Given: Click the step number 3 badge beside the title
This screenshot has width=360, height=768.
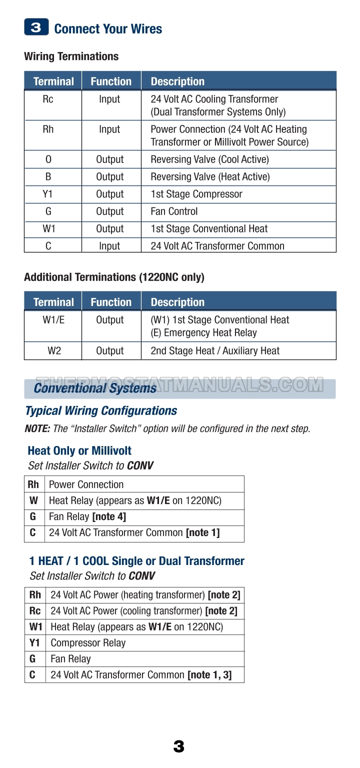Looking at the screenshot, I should coord(36,27).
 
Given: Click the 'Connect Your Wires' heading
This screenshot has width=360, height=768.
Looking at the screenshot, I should coord(108,29).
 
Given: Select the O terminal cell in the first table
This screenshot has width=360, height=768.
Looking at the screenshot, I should coord(48,159).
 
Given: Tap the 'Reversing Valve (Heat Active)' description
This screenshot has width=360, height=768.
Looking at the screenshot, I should coord(210,176).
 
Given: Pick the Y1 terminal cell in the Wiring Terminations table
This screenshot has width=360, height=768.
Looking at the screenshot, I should coord(48,194).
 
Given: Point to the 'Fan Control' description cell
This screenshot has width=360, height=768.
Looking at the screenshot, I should coord(174,211).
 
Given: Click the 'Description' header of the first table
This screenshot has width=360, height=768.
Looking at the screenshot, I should coord(177,81).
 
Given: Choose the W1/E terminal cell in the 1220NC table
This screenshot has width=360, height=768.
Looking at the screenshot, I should coord(53,320).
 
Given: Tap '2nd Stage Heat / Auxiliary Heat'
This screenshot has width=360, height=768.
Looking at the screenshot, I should coord(215,351).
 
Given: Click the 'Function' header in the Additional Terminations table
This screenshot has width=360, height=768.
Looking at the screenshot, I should coord(111,302).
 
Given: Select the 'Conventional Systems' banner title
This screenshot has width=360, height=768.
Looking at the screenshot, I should coord(95,388).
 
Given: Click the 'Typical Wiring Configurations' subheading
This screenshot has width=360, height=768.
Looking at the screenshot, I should coord(101,411).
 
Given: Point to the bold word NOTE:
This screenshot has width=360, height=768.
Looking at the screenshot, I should coord(37,429).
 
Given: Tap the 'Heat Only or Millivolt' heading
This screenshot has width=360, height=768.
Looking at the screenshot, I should coord(79,451).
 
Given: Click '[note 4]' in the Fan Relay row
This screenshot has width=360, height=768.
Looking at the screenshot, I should coord(109,516).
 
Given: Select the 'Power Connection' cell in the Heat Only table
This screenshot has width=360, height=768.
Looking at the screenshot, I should coord(86,484).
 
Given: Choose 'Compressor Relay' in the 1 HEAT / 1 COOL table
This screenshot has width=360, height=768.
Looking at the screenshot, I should coord(88,643).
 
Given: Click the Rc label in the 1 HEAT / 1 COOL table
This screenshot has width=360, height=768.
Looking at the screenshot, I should coord(35,611).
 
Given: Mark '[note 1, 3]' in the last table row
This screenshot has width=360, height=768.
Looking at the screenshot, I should coord(209,675).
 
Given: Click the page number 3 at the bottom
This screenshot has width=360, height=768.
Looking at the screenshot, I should coord(178,747).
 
